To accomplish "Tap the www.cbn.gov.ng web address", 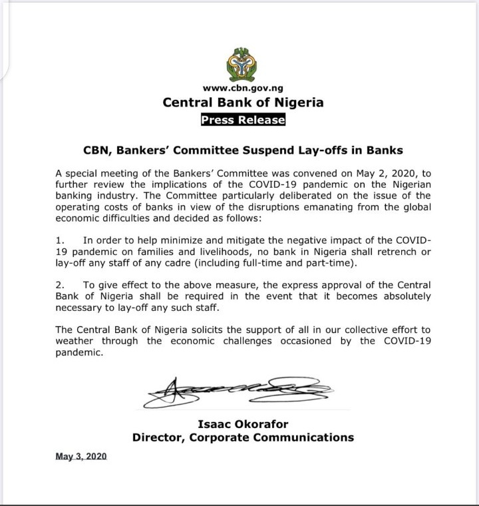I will pos(243,88).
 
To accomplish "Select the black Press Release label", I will pos(243,120).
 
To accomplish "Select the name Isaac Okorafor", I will pos(243,423).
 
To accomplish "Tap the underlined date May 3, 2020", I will pos(81,457).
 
